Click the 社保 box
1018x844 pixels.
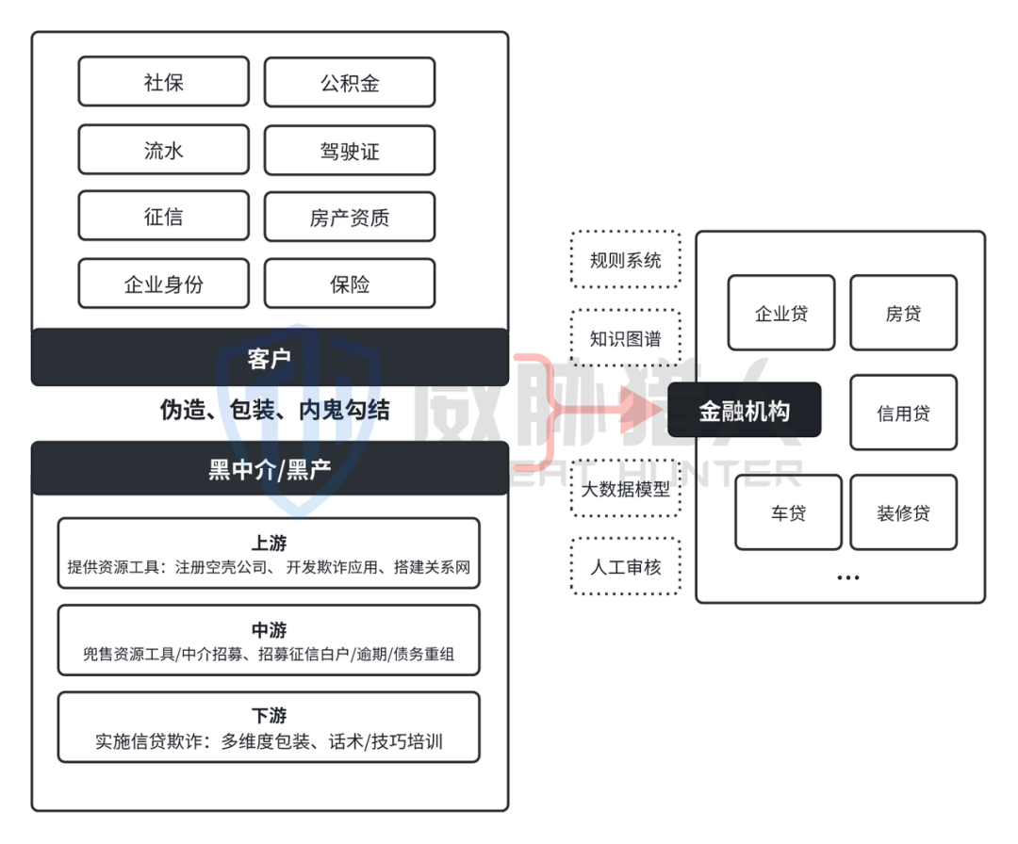[x=163, y=82]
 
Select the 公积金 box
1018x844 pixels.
[x=350, y=82]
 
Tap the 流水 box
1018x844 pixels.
[x=163, y=150]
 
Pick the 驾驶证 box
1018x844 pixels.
[x=350, y=150]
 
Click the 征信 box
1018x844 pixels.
[x=163, y=217]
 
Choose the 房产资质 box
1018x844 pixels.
[x=350, y=218]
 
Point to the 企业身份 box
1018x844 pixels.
[x=163, y=284]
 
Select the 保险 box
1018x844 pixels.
[x=350, y=284]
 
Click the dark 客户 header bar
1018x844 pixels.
[x=270, y=358]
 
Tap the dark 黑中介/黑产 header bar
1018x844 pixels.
[x=270, y=469]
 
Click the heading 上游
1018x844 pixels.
[x=269, y=544]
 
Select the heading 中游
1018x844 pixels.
[x=269, y=630]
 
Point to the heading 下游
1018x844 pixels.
[x=269, y=716]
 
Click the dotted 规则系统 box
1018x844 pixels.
[x=625, y=259]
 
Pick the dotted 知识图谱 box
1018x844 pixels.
[x=625, y=338]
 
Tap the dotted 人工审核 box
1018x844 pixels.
[x=625, y=566]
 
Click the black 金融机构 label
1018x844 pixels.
[x=744, y=411]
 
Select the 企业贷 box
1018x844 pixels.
[x=780, y=313]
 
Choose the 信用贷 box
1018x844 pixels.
[x=903, y=413]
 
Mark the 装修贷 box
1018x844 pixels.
[x=903, y=512]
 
